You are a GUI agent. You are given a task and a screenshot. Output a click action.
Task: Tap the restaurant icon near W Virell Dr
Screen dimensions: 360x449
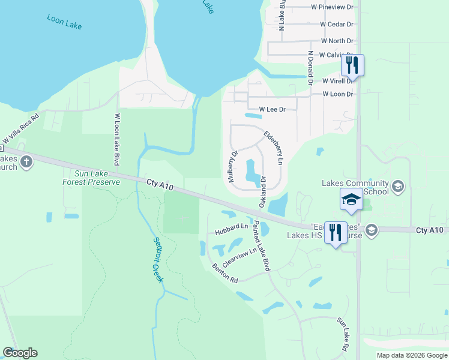pos(352,65)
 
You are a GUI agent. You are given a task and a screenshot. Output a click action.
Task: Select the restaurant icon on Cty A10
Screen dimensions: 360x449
pos(335,232)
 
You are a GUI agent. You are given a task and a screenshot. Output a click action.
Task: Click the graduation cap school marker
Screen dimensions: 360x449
pos(351,200)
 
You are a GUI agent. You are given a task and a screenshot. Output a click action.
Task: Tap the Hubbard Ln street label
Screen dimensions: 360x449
pos(231,228)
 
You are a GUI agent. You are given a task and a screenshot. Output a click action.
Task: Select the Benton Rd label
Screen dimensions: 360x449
pos(224,272)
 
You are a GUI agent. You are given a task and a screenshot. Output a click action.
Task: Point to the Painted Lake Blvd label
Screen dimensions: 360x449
pos(261,246)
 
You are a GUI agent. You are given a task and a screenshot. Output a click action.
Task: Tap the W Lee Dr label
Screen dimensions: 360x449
pos(272,110)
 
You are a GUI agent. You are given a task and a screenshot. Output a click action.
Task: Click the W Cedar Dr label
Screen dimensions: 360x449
pos(337,25)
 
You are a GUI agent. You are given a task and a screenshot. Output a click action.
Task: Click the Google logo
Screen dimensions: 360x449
pos(20,353)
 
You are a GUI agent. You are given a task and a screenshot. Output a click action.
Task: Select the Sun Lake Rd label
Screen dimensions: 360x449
pos(343,335)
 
